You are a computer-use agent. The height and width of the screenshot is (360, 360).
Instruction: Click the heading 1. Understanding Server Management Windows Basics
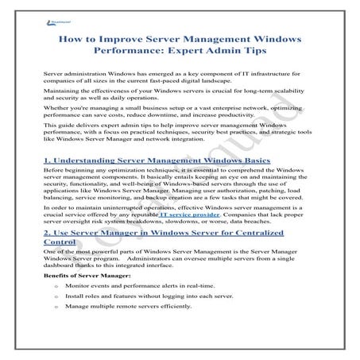pos(157,161)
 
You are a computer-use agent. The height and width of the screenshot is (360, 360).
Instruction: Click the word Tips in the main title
pos(285,51)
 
